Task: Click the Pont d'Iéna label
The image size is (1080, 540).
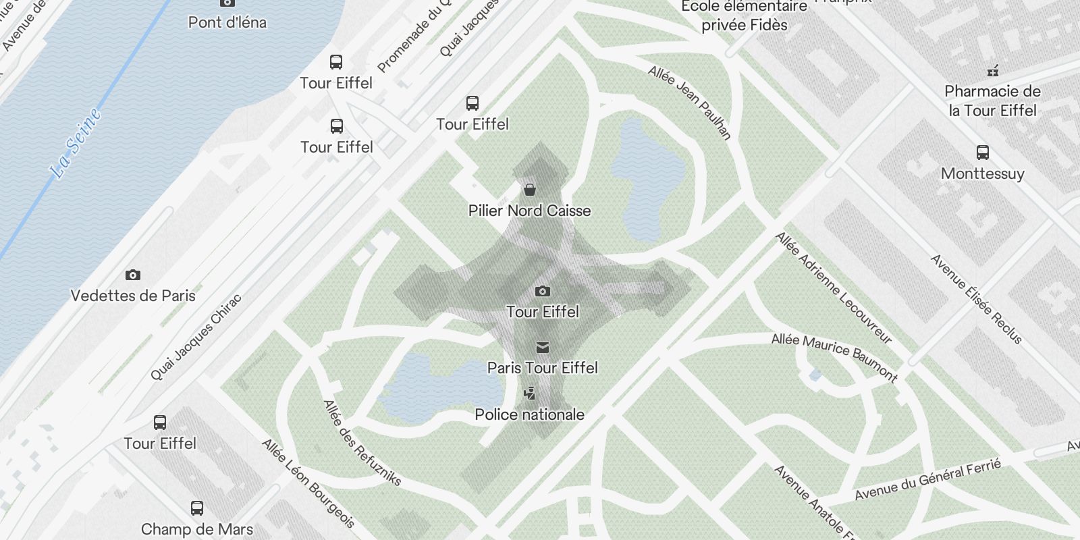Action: (227, 22)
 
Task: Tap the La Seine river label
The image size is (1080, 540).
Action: (76, 143)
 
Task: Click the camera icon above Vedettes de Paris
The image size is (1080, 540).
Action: (133, 275)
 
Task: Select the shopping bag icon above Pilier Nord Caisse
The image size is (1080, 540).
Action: (530, 189)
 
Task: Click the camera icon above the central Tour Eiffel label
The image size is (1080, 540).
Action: (542, 291)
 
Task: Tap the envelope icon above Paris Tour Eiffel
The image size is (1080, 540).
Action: (542, 348)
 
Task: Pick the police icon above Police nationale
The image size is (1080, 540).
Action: (530, 393)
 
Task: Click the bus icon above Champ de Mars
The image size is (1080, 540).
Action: (197, 508)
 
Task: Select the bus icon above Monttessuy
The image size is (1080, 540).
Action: (983, 153)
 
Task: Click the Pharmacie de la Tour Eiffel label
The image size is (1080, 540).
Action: (992, 101)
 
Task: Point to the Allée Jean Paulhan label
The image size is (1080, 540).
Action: (690, 102)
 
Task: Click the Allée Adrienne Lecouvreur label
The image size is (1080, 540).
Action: (834, 288)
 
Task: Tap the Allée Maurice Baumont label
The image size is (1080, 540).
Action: (834, 357)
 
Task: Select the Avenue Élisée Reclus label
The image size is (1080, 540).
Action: (976, 298)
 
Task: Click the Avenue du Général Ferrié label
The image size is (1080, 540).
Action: (927, 479)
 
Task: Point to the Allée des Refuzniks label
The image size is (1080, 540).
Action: (362, 443)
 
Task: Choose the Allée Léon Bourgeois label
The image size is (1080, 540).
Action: (308, 483)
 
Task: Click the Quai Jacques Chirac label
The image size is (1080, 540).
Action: (196, 336)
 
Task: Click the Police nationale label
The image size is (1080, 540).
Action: (530, 414)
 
